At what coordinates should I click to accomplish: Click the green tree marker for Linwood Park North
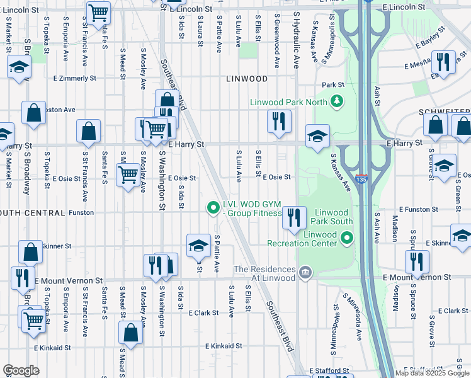(x=337, y=101)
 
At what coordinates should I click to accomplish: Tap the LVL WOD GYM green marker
(x=213, y=206)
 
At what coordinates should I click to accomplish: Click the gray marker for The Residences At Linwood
(x=305, y=272)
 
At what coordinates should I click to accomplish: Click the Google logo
(x=21, y=370)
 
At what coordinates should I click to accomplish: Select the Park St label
(x=333, y=84)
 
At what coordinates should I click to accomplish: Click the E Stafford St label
(x=329, y=371)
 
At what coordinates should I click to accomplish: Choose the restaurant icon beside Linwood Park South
(x=293, y=217)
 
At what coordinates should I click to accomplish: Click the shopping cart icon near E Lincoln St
(x=98, y=12)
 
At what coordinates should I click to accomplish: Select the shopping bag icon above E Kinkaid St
(x=130, y=333)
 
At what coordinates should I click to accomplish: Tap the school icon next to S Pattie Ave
(x=198, y=245)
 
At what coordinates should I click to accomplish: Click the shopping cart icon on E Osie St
(x=128, y=173)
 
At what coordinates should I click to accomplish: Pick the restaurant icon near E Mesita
(x=443, y=62)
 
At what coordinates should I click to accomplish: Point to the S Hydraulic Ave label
(x=295, y=43)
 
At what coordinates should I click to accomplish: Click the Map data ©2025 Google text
(x=431, y=372)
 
